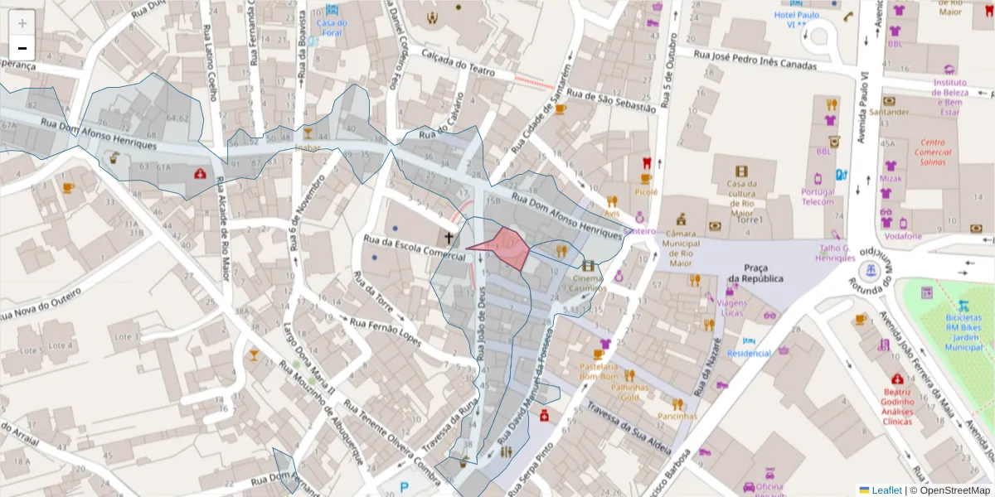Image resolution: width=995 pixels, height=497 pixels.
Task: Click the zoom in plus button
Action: click(22, 23)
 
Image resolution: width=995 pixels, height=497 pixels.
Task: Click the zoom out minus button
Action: click(22, 48)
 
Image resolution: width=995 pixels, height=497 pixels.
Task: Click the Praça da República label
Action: click(755, 273)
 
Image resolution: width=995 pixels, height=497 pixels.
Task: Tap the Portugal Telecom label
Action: click(818, 196)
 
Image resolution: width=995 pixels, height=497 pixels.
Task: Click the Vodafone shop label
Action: click(902, 236)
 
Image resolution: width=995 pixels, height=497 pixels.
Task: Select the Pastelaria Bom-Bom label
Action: click(599, 371)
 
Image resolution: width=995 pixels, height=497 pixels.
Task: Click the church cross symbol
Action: click(449, 239)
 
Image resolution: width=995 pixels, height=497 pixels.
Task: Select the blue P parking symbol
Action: click(405, 489)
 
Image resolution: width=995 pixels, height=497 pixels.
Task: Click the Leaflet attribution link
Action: click(885, 490)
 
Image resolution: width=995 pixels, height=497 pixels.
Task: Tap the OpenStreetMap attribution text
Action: click(950, 490)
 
